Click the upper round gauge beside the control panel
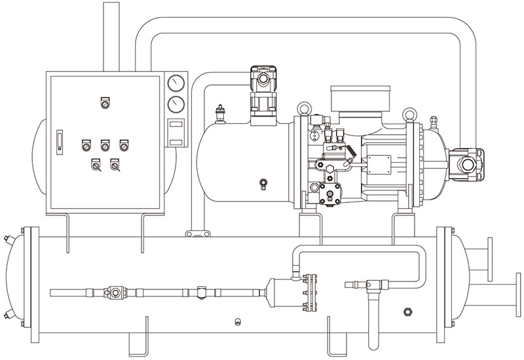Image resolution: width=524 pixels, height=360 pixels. pos(176,83)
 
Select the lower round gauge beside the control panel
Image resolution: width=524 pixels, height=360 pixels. pos(176,105)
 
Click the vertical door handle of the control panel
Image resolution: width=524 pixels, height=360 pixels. pos(58,141)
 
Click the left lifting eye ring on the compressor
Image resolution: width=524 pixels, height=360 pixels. pos(303,108)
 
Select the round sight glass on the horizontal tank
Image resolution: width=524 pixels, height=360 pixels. pos(263,183)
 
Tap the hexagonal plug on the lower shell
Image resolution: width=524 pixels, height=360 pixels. pos(409,309)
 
